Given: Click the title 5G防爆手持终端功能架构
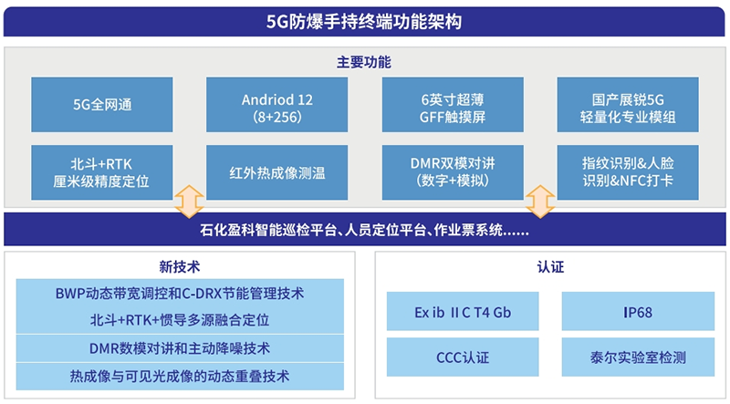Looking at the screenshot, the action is pyautogui.click(x=364, y=22).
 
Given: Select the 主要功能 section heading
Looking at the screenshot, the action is pyautogui.click(x=364, y=62).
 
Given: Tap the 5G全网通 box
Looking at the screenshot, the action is pyautogui.click(x=102, y=105).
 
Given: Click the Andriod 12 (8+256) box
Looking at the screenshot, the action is pyautogui.click(x=277, y=105).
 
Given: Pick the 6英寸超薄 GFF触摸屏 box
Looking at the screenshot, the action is pyautogui.click(x=453, y=105).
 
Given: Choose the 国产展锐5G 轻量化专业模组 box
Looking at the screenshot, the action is pyautogui.click(x=628, y=105).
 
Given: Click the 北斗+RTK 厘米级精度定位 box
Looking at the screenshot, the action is pyautogui.click(x=102, y=172).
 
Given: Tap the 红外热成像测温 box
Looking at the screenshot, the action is pyautogui.click(x=277, y=172).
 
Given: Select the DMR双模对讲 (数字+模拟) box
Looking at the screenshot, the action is pyautogui.click(x=453, y=172).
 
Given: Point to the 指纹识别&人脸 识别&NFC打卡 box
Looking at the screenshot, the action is pyautogui.click(x=628, y=172).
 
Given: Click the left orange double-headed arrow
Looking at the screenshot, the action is pyautogui.click(x=189, y=202).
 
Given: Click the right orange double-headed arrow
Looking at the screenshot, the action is pyautogui.click(x=540, y=202).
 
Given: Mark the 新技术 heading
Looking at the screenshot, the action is pyautogui.click(x=180, y=266).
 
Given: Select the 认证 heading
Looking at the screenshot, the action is pyautogui.click(x=550, y=266).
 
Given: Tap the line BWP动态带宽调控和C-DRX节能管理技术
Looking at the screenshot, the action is pyautogui.click(x=180, y=294).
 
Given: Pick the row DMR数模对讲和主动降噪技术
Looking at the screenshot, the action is pyautogui.click(x=180, y=348).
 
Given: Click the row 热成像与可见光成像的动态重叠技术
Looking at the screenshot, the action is pyautogui.click(x=180, y=377).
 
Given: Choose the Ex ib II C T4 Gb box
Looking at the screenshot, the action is pyautogui.click(x=463, y=311).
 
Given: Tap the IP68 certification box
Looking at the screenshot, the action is pyautogui.click(x=638, y=311).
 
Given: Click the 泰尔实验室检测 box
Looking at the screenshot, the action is pyautogui.click(x=638, y=357).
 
